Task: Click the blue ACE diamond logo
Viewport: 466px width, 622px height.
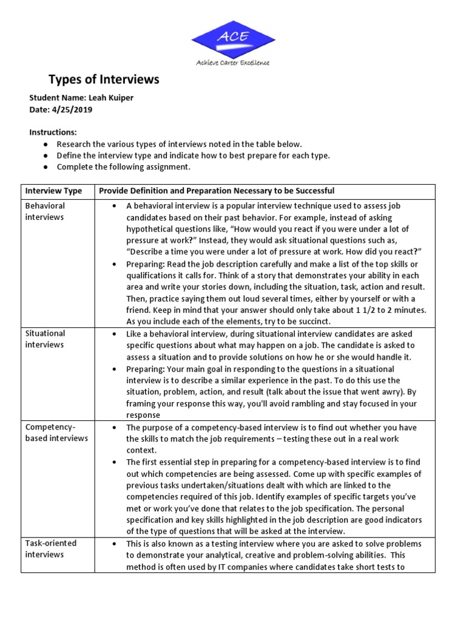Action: (233, 38)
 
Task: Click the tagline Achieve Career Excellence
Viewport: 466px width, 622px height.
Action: (233, 63)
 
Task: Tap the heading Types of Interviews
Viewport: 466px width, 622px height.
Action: (104, 80)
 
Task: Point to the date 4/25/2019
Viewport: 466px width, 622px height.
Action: (72, 109)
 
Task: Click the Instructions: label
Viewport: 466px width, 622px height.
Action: (53, 132)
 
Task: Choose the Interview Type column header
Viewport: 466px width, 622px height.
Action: (53, 191)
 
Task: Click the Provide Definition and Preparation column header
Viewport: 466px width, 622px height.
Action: (217, 191)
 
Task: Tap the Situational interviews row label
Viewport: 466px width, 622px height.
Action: (46, 339)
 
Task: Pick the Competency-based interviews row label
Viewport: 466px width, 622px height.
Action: (56, 432)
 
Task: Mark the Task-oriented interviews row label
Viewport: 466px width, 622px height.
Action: (51, 549)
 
